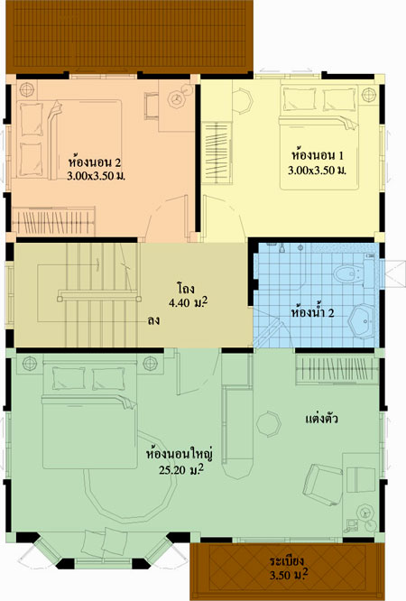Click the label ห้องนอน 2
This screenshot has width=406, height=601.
click(x=95, y=162)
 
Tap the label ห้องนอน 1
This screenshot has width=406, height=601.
click(x=317, y=155)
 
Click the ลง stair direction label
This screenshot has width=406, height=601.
click(x=153, y=320)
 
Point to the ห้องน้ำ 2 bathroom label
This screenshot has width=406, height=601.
click(x=312, y=313)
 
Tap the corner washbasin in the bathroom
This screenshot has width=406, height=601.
click(x=363, y=321)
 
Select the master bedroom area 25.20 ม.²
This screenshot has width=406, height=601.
click(x=181, y=469)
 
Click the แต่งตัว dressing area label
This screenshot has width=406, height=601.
click(x=322, y=418)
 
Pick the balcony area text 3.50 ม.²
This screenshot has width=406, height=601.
click(x=289, y=575)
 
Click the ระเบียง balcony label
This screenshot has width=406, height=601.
click(x=286, y=561)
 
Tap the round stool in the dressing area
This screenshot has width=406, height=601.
click(x=268, y=424)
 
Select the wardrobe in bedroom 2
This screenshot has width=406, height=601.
click(x=53, y=221)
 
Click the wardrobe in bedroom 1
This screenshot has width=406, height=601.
click(x=217, y=153)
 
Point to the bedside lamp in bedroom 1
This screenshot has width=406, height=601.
click(x=369, y=94)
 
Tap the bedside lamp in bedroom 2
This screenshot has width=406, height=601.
click(x=27, y=89)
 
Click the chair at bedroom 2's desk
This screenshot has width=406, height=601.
click(x=152, y=106)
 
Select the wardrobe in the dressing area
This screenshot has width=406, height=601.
click(x=337, y=370)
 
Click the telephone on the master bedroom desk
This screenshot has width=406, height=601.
click(x=352, y=525)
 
